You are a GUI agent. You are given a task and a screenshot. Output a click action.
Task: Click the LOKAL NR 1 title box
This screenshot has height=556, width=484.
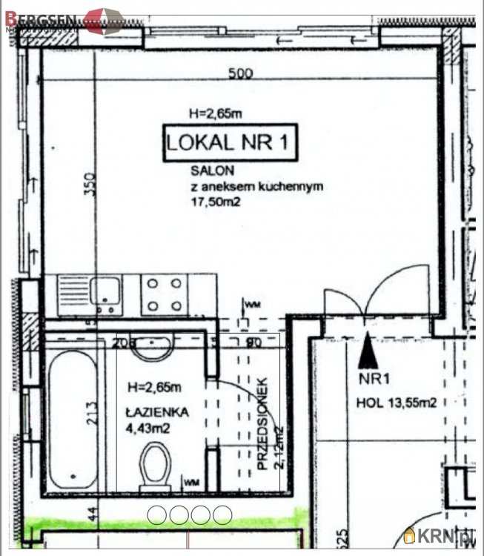(x=231, y=142)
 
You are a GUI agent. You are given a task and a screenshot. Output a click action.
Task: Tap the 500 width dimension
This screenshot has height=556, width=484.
(x=241, y=73)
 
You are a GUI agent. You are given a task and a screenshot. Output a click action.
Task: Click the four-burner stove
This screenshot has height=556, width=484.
(x=164, y=294)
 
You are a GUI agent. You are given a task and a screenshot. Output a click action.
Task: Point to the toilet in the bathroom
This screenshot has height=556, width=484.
(x=156, y=464)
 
